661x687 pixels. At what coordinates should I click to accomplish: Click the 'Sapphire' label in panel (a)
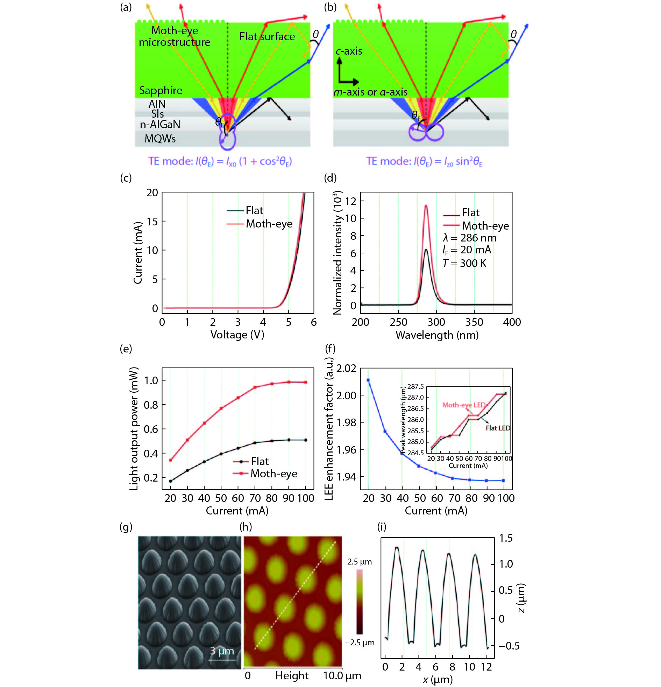pos(161,90)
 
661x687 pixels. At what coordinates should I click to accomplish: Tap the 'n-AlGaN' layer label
pos(160,125)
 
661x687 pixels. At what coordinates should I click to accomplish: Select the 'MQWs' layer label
pos(160,139)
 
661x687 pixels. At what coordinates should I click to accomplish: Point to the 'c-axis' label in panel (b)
pos(349,51)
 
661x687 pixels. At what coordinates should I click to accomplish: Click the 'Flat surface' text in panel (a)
pos(267,36)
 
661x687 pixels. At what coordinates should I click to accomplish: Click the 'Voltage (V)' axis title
pos(237,335)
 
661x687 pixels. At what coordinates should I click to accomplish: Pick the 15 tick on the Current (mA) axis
pos(152,222)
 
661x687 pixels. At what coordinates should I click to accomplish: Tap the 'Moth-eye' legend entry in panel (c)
pos(269,224)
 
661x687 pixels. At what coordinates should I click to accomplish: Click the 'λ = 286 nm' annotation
pos(469,238)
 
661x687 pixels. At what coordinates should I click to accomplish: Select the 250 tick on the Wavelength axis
pos(398,322)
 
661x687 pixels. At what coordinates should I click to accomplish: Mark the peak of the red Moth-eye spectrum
pos(426,205)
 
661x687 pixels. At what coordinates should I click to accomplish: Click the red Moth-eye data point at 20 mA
pos(171,460)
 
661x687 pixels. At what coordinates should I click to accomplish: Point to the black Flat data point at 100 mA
pos(305,440)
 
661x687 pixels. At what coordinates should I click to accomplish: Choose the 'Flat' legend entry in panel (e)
pos(260,461)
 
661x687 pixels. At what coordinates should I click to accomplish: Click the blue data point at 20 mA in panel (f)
pos(368,380)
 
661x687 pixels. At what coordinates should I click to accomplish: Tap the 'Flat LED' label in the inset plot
pos(497,428)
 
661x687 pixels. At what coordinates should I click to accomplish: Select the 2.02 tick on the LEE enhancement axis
pos(346,369)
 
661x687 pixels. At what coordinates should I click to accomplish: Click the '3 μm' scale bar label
pos(221,651)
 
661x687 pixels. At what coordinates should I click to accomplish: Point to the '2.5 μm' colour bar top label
pos(360,561)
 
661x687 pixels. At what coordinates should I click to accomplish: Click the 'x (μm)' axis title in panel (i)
pos(437,679)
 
